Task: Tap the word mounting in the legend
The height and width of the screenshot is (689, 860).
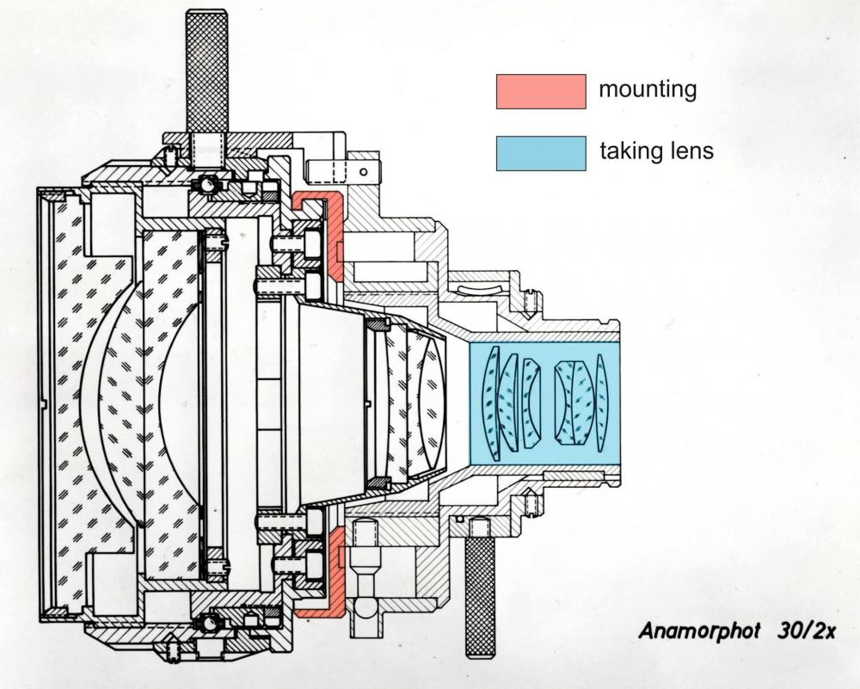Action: click(648, 89)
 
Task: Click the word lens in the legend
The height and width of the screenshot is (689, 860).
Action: click(688, 151)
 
